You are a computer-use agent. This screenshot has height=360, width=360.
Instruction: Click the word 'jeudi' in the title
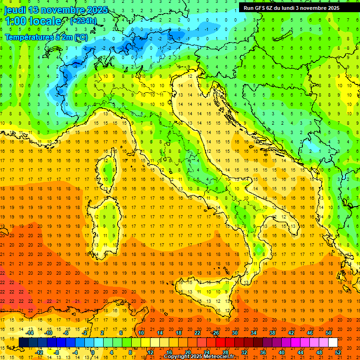point(15,10)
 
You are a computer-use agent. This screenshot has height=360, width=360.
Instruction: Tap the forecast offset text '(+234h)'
point(83,21)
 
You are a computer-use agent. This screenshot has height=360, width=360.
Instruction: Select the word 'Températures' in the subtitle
point(28,37)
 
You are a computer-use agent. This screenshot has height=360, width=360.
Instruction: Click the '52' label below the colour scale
point(338,352)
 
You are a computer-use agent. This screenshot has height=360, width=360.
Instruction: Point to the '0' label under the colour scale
point(93,352)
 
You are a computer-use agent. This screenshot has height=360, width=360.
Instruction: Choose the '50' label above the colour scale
point(329,333)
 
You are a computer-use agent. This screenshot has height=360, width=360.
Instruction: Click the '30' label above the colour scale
point(235,333)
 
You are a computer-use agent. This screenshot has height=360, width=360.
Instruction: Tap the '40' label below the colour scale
point(282,352)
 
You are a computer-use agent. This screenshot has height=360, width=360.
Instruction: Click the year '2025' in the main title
point(97,10)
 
